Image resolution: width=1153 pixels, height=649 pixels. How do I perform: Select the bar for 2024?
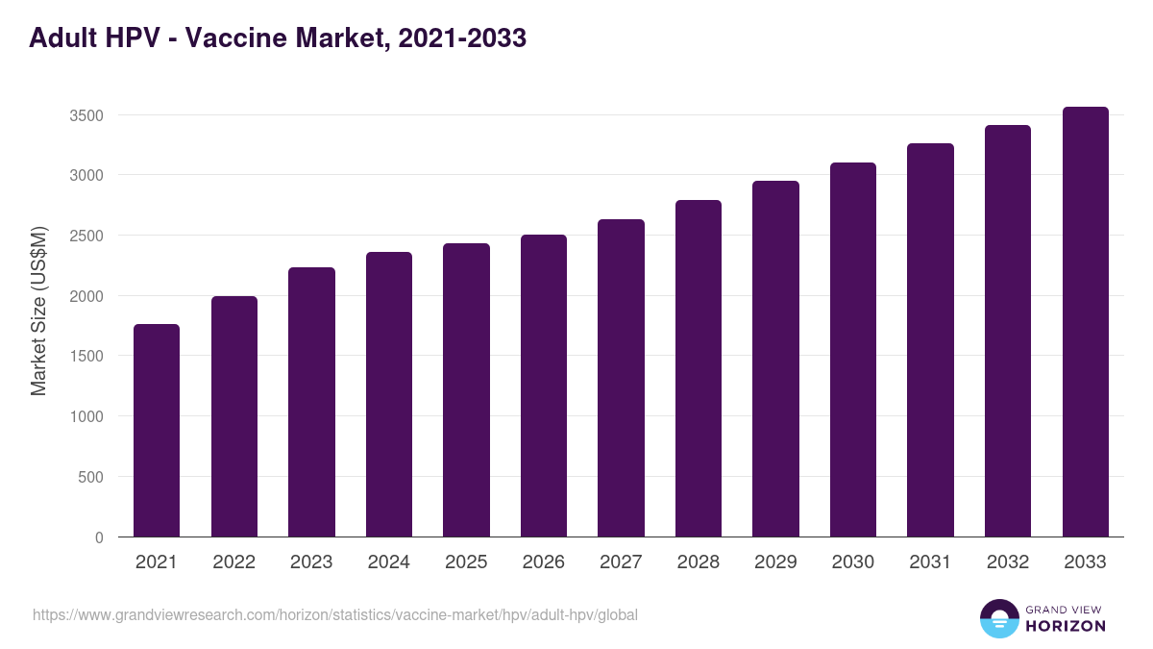point(389,394)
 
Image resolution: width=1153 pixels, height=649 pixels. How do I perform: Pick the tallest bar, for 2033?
point(1085,322)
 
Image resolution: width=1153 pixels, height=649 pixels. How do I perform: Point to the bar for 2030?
point(853,350)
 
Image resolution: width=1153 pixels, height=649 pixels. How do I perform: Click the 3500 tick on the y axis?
point(86,115)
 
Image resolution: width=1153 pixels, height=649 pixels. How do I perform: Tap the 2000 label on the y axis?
point(86,296)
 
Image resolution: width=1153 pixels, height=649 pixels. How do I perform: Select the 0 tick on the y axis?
point(99,537)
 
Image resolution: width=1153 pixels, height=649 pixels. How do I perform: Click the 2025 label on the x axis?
point(466,562)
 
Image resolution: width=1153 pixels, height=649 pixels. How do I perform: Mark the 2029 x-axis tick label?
point(775,562)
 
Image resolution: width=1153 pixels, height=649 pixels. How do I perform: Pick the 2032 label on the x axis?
point(1008,562)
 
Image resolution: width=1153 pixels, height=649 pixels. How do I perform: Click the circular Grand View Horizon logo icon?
point(998,618)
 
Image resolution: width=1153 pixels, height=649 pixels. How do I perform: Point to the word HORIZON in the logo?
point(1066,626)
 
